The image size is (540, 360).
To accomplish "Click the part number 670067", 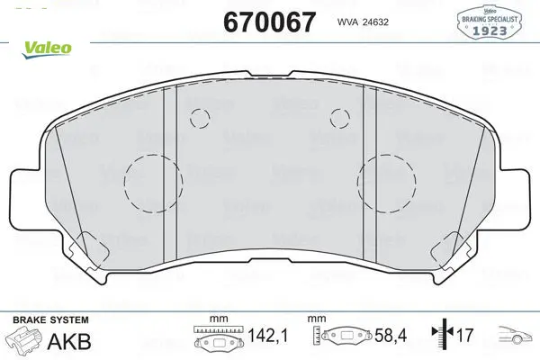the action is (x=269, y=22).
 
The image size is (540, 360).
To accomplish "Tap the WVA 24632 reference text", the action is (x=363, y=22).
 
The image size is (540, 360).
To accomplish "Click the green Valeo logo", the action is (x=47, y=49).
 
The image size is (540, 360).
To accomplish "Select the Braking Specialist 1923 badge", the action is (x=490, y=22).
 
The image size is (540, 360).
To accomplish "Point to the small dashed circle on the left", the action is (x=190, y=119).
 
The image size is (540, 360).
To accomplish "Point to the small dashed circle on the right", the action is (x=330, y=118).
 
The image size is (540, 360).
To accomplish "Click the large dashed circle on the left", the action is (x=124, y=184).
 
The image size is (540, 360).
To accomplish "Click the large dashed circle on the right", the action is (x=358, y=183).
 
